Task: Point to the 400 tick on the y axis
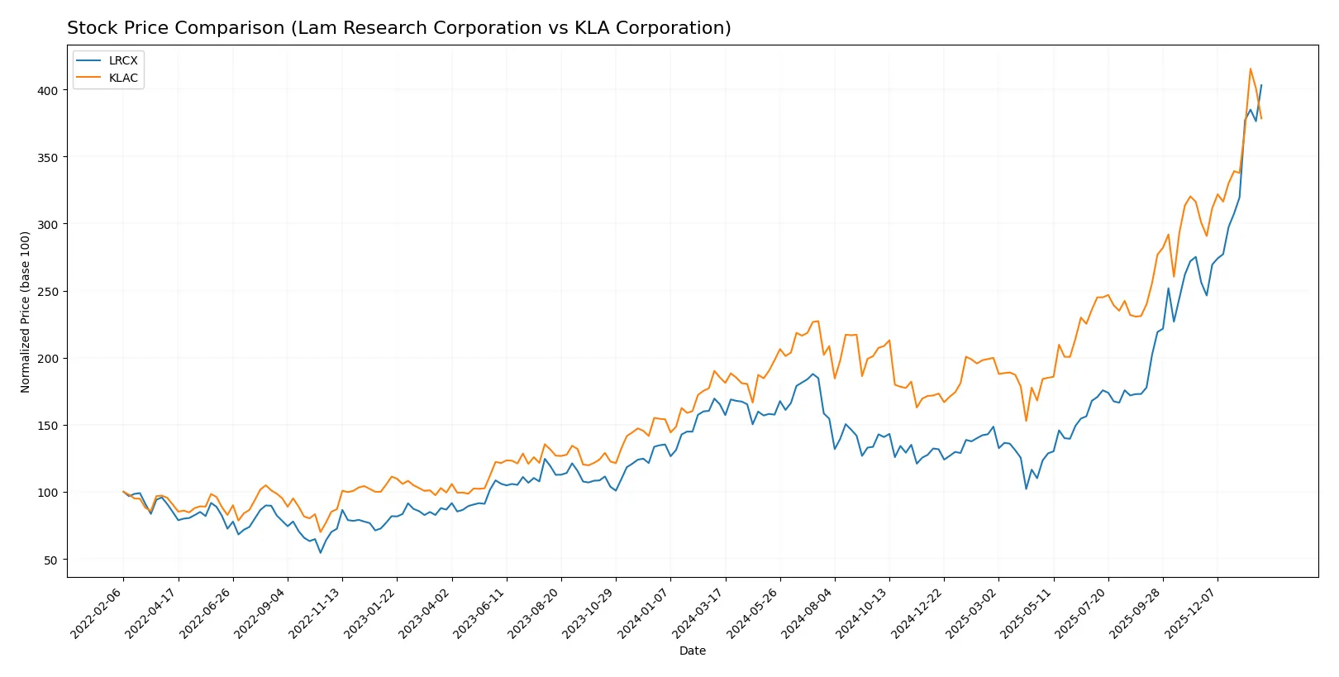tap(48, 90)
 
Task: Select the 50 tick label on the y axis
tap(51, 560)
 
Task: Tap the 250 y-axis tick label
tap(48, 292)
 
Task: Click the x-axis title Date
tap(692, 651)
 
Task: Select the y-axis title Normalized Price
tap(26, 312)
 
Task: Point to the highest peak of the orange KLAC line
tap(1250, 69)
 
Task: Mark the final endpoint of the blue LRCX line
tap(1260, 84)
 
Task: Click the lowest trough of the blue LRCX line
tap(321, 552)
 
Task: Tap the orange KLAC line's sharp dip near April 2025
tap(1026, 421)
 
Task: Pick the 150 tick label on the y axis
tap(48, 426)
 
